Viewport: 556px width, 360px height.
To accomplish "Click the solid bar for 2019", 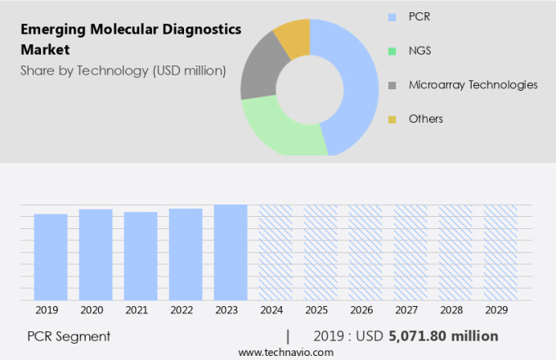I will (51, 257).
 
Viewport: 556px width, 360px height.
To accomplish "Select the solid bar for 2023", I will (231, 252).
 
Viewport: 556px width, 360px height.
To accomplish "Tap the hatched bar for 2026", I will (365, 252).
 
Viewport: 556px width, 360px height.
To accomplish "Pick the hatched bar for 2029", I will (500, 252).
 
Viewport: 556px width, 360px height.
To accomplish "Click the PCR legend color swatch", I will (392, 16).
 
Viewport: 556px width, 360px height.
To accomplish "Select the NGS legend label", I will (419, 51).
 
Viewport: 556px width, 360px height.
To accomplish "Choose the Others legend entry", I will (425, 119).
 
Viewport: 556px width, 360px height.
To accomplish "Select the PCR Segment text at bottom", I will (69, 336).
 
